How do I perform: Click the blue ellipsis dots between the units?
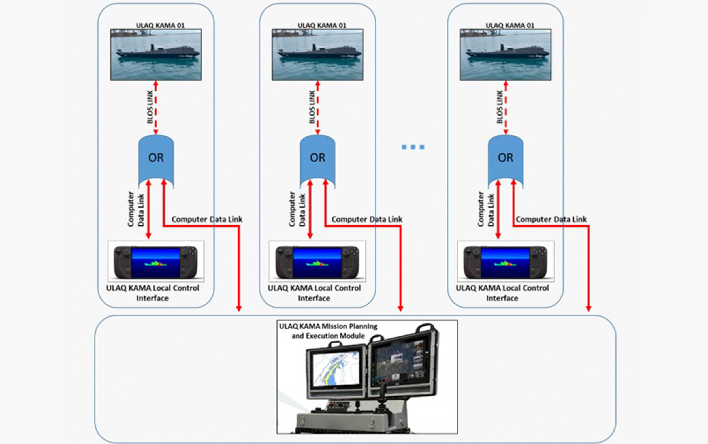[413, 147]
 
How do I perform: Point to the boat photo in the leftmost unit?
[156, 54]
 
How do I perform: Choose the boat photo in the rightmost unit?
[506, 54]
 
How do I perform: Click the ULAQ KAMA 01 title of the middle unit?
[322, 25]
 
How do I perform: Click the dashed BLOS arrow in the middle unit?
[317, 108]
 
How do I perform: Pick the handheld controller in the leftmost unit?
[156, 262]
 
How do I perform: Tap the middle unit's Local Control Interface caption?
[314, 293]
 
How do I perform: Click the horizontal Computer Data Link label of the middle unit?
[367, 219]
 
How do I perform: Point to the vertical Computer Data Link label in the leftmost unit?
[136, 209]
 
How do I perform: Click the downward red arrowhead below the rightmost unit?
[588, 308]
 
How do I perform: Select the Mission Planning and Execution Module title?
[328, 331]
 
